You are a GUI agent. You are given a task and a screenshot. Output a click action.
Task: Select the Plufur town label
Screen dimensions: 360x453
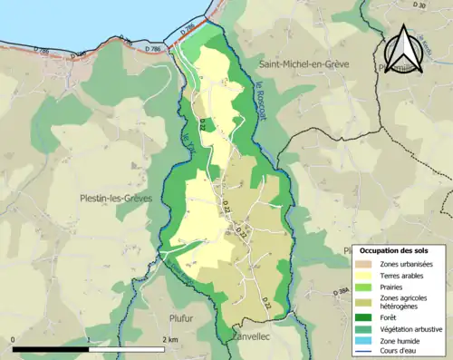(x=182, y=317)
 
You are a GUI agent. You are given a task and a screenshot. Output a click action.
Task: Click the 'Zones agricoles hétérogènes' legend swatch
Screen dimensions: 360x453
(x=367, y=302)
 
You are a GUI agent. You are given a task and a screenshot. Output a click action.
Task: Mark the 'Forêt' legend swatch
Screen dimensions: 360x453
(x=367, y=317)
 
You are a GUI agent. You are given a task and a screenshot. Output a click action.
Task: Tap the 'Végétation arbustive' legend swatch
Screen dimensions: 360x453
(x=367, y=328)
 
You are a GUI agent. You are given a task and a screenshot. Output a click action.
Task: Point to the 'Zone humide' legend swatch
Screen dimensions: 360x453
(x=367, y=340)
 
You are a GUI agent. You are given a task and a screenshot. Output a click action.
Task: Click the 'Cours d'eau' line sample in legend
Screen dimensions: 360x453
(x=367, y=351)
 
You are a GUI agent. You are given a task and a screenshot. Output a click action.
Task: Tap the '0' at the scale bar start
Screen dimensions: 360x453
(x=14, y=339)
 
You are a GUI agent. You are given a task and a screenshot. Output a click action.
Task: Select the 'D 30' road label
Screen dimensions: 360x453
(x=418, y=6)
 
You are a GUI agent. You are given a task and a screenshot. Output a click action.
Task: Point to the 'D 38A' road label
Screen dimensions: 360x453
(x=341, y=291)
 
